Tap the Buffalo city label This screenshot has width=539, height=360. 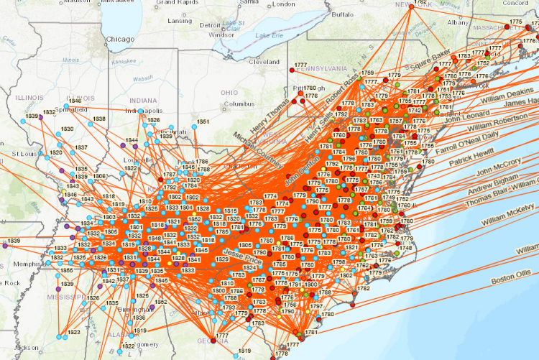tap(342, 14)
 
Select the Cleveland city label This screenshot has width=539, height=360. tap(264, 62)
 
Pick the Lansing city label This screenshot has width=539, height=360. tap(180, 21)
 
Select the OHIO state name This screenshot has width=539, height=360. tap(229, 93)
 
